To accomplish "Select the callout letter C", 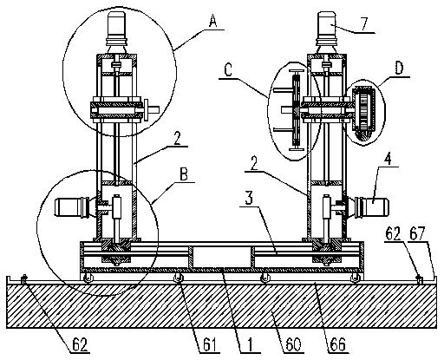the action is (228, 70).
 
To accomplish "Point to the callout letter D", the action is (399, 69).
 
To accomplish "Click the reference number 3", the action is (249, 199).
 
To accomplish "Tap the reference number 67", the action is (419, 233).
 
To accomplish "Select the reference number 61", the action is (210, 345).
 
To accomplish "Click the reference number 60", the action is (293, 345).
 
